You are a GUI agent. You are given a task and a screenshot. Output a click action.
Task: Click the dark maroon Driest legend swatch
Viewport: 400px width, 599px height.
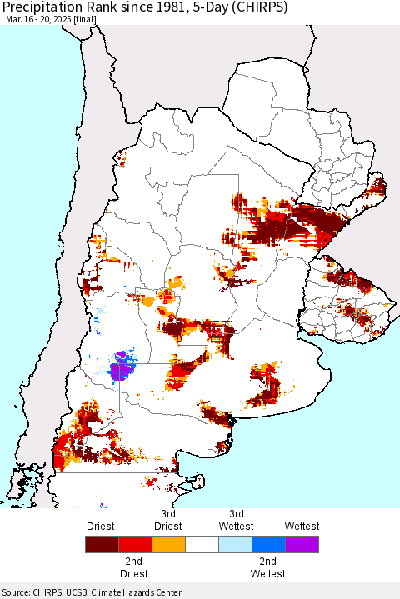[101, 545]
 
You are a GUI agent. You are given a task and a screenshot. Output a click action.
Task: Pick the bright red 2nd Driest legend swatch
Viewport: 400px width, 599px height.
[134, 545]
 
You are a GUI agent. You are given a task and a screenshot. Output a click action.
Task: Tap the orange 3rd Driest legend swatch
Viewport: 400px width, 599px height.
[167, 545]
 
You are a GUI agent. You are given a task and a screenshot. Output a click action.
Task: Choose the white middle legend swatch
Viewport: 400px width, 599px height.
[201, 545]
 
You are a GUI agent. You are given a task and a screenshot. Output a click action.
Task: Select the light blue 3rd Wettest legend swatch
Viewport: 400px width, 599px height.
[234, 545]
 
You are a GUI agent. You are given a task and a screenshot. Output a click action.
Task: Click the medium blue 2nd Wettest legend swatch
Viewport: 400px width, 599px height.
[267, 545]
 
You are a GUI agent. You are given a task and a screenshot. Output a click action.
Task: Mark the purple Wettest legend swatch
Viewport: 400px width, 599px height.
[301, 545]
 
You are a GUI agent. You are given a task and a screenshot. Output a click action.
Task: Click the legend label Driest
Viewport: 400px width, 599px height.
[101, 526]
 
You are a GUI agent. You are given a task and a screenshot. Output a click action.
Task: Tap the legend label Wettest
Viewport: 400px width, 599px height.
[301, 526]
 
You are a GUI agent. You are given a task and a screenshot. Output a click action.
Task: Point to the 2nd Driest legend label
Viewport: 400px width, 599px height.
[134, 568]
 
